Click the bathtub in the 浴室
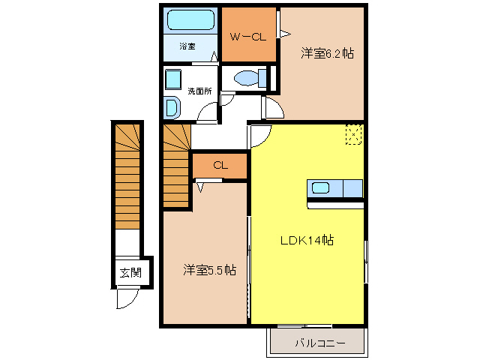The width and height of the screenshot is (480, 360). click(x=190, y=20)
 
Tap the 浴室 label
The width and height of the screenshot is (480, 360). click(x=187, y=46)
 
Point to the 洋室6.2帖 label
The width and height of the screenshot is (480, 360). click(x=328, y=53)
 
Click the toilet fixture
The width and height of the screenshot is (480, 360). click(x=247, y=77)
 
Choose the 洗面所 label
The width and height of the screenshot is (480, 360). click(x=199, y=91)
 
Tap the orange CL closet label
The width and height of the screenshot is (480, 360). click(x=220, y=166)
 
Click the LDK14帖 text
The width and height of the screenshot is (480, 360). click(x=307, y=241)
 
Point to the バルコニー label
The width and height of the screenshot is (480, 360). click(x=319, y=344)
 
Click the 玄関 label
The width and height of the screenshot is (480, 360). click(x=130, y=272)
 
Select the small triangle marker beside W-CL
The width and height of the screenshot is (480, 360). click(x=284, y=32)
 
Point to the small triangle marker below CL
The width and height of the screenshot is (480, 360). click(x=200, y=188)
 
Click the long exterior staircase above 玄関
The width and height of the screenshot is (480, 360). click(x=127, y=175)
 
